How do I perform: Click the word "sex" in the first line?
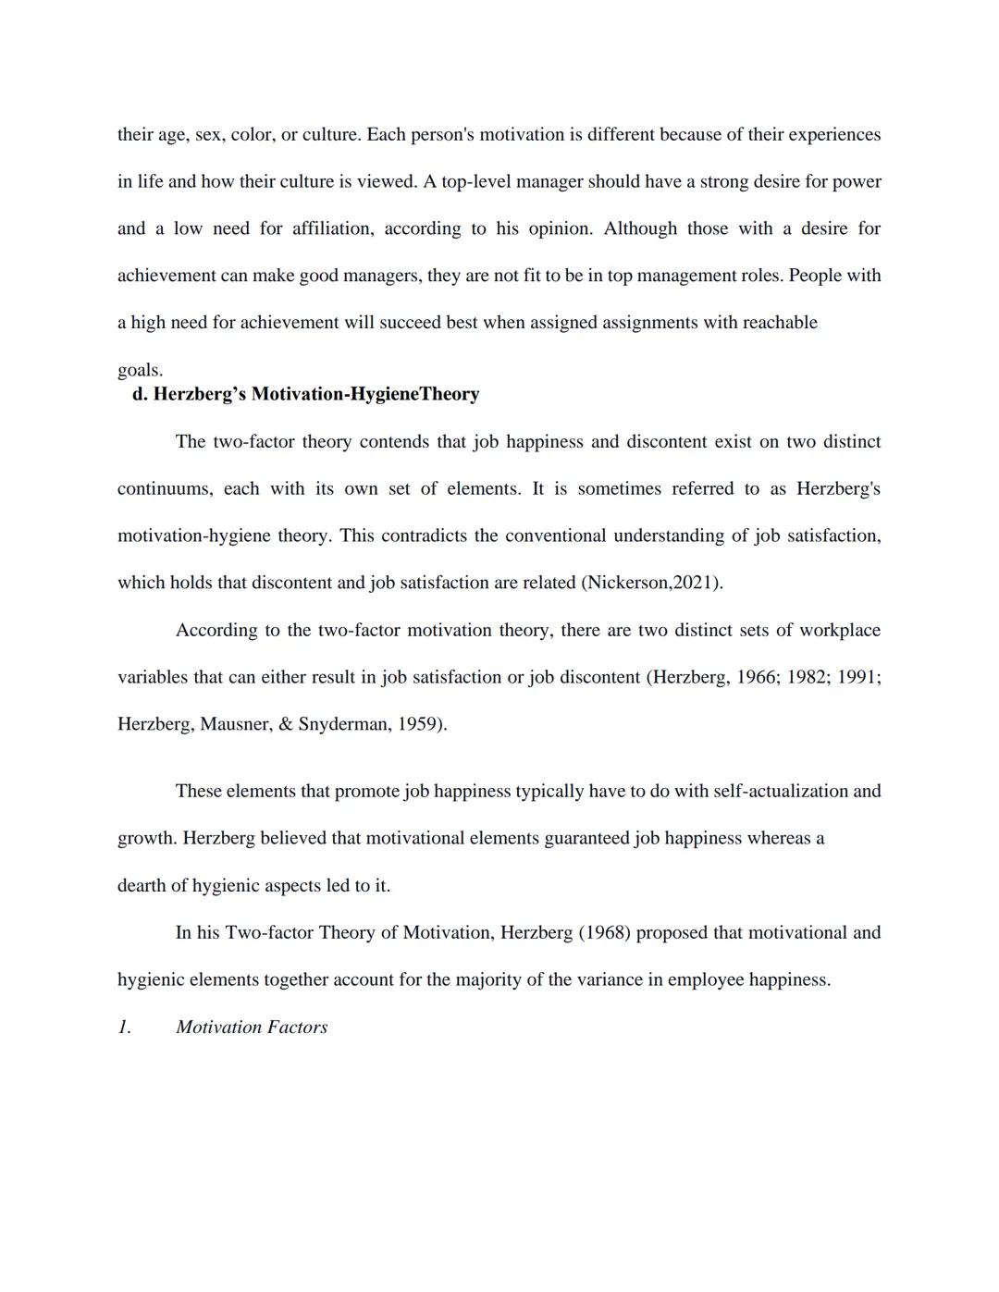pos(208,135)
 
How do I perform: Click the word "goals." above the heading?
pos(140,370)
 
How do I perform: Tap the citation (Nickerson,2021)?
pos(651,583)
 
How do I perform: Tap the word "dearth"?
pos(141,886)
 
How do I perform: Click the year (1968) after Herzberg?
pos(604,933)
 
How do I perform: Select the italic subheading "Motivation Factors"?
pos(252,1027)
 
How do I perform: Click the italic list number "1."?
pos(124,1027)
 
